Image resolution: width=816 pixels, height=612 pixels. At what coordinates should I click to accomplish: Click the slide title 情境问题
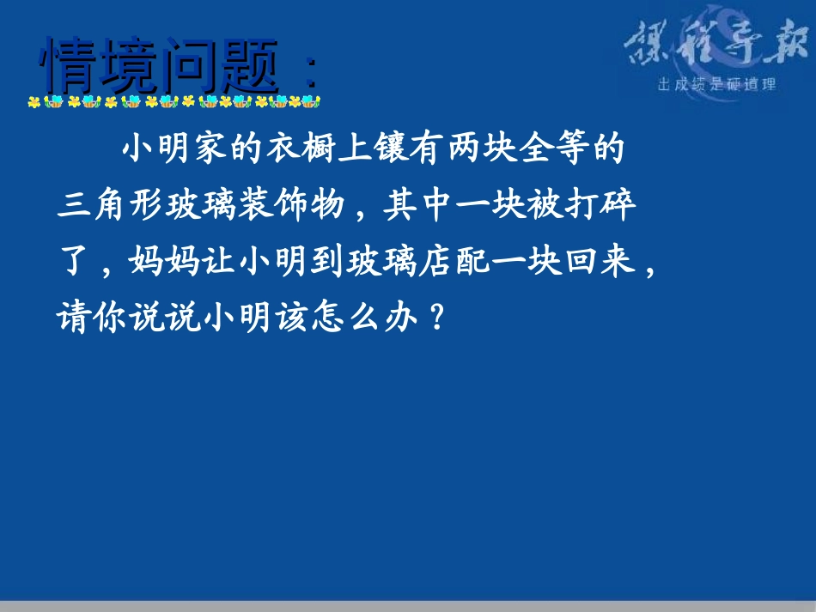(x=161, y=66)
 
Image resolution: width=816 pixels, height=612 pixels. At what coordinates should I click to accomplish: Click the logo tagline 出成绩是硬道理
(x=716, y=85)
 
